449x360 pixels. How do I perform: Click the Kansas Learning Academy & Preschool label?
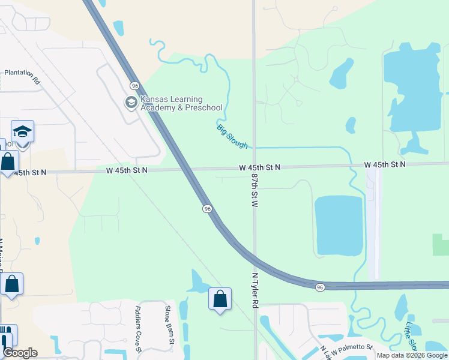[x=181, y=103]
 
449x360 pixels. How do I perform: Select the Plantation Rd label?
[x=22, y=76]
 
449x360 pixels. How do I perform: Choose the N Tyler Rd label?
[x=255, y=289]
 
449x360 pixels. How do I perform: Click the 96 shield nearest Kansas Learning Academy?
[x=135, y=86]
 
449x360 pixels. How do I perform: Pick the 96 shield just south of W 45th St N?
[x=206, y=208]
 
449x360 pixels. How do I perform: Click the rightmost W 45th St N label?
[x=385, y=164]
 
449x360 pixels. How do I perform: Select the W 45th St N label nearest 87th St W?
[x=259, y=167]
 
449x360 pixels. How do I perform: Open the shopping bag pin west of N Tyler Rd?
[x=220, y=299]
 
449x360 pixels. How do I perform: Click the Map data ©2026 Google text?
[x=412, y=355]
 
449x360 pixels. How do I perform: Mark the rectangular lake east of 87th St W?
[x=339, y=225]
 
